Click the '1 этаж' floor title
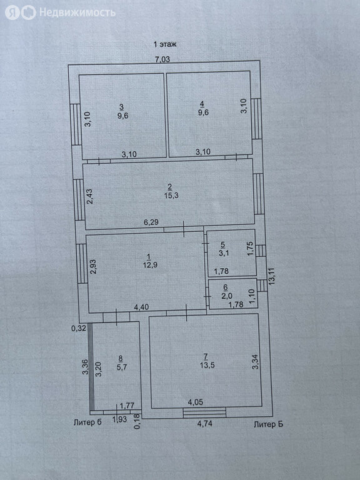pos(165,44)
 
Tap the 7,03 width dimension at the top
pos(162,59)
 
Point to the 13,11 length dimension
pos(271,276)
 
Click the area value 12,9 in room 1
pos(150,265)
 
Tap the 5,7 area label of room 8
pos(121,367)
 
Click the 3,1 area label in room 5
pos(224,253)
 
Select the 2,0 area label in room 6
pos(227,296)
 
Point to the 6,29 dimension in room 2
pos(151,222)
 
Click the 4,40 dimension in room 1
pos(141,307)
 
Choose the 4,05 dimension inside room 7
pos(195,402)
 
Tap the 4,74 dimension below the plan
pos(205,424)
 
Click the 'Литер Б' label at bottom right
pos(269,424)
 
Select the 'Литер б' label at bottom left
pos(87,422)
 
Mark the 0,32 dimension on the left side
pos(79,329)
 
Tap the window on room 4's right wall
pos(256,119)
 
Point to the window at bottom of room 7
pos(204,412)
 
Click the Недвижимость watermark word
pos(77,12)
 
